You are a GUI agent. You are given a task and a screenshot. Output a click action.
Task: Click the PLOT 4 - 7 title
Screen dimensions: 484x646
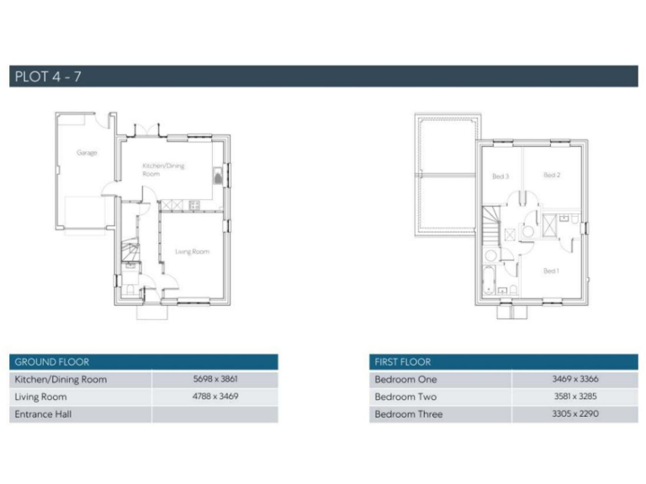48,76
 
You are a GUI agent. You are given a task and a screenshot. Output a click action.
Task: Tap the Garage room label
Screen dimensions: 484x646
87,153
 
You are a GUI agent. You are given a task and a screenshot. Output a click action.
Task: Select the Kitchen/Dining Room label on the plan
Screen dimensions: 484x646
163,169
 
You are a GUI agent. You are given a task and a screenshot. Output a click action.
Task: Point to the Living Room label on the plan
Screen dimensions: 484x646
192,251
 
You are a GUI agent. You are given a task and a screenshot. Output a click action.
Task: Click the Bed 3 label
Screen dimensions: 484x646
500,176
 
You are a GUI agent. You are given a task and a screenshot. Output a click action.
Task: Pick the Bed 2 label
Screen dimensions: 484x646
552,175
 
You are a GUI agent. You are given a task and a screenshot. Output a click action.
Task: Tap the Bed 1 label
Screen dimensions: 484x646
551,271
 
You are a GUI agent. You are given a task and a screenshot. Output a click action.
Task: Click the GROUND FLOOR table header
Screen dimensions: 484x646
51,362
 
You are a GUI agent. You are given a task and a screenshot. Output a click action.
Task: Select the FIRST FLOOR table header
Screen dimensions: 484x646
402,362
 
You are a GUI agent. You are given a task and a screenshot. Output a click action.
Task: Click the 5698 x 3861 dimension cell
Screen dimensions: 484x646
215,379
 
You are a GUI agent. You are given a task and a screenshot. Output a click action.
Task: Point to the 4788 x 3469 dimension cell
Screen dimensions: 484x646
215,396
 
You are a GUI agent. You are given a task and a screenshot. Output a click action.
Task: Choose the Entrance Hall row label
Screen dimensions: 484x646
46,414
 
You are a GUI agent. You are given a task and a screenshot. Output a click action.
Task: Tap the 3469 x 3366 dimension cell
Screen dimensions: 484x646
575,379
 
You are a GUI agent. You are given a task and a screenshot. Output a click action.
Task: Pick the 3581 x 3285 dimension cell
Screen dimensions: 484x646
575,396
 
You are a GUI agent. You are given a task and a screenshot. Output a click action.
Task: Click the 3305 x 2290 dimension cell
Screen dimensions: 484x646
575,413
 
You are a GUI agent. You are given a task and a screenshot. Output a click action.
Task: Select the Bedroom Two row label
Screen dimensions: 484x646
405,397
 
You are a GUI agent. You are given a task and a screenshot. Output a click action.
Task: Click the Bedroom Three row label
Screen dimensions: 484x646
408,414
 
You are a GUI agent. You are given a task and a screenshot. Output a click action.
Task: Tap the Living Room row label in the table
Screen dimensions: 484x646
40,397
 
